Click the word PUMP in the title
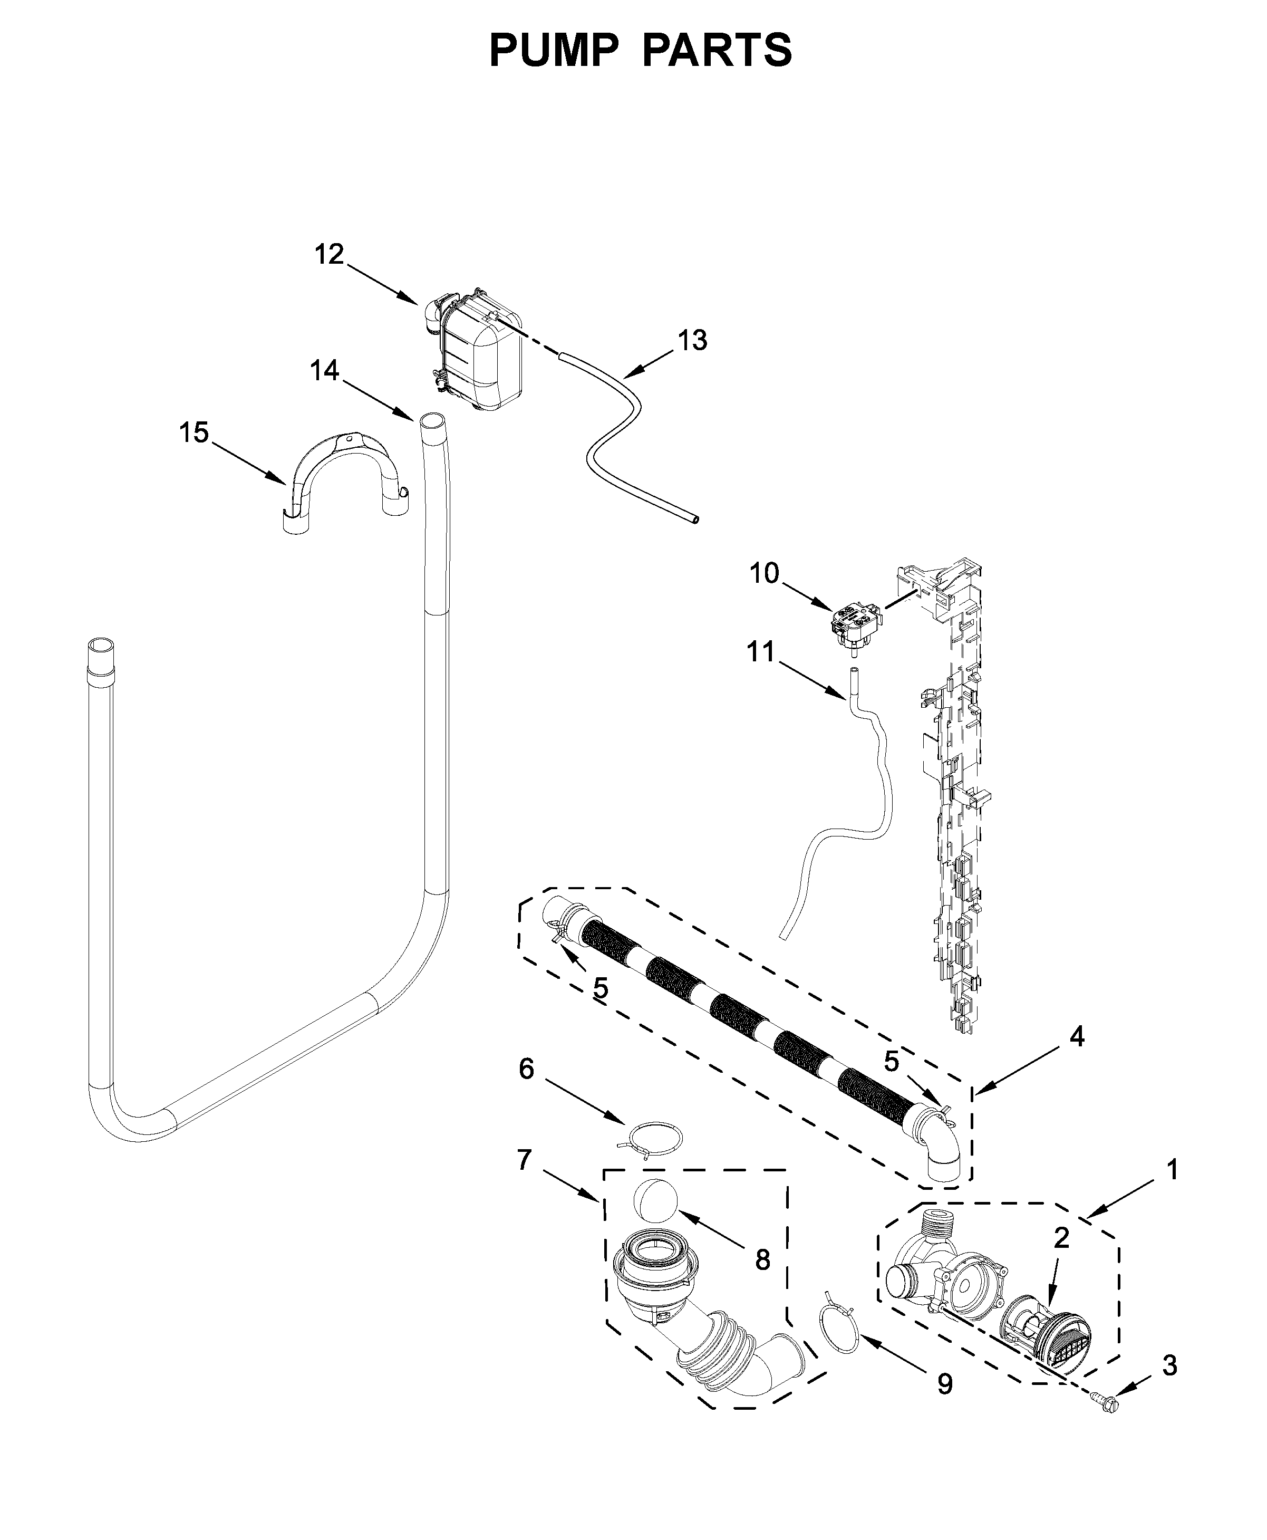pos(553,50)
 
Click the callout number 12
pos(329,255)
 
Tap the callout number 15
pos(194,433)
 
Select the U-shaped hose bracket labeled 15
pos(343,475)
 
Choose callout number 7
pos(524,1160)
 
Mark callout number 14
pos(324,371)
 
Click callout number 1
pos(1172,1171)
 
